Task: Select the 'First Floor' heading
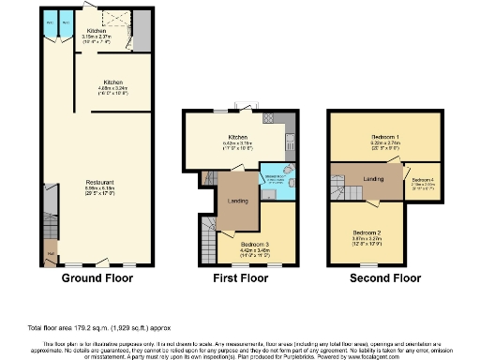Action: pos(241,278)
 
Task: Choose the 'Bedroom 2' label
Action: pos(366,232)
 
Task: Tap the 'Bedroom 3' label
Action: pos(244,244)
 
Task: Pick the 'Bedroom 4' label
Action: pos(424,180)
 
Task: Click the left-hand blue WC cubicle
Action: pos(50,21)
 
